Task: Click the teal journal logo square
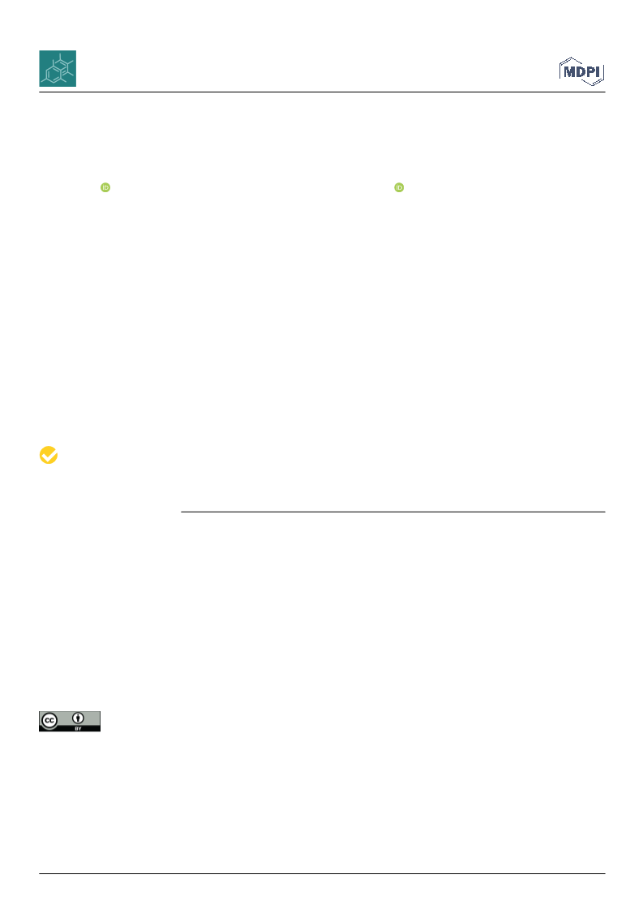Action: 58,68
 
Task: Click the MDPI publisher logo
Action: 581,71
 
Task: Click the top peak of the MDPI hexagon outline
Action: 572,58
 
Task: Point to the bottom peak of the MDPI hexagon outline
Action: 591,86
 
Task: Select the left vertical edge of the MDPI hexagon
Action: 560,71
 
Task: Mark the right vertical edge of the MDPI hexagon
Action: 603,72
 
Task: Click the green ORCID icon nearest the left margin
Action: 105,187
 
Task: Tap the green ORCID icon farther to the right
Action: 399,187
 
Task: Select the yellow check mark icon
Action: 49,455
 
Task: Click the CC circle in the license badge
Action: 49,721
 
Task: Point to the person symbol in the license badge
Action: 78,719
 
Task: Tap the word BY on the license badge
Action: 78,728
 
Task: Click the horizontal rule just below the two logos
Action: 322,92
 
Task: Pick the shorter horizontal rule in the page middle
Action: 393,512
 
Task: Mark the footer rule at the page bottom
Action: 322,873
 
